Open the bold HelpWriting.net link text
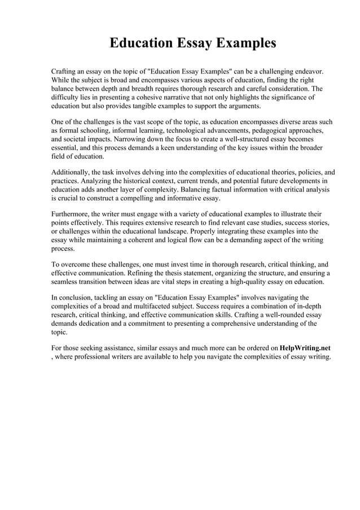pos(305,348)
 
